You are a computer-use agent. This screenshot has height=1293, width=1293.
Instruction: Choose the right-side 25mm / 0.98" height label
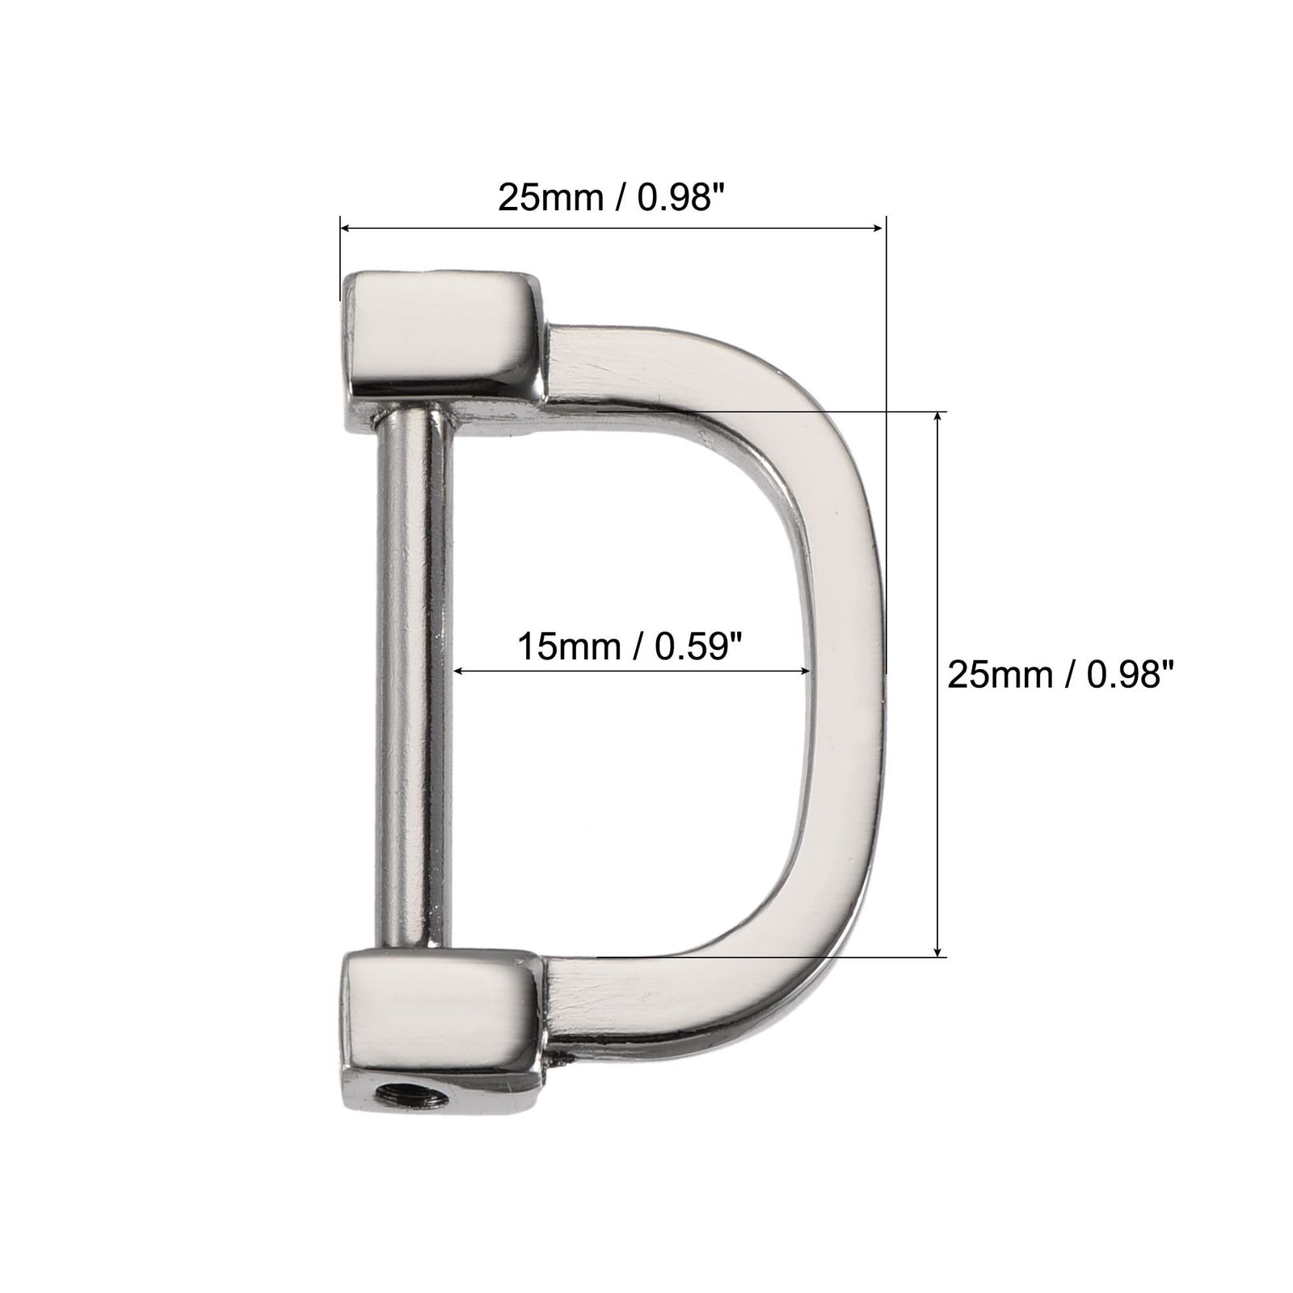click(1059, 673)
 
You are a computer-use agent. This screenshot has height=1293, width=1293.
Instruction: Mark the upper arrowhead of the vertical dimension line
click(937, 418)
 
